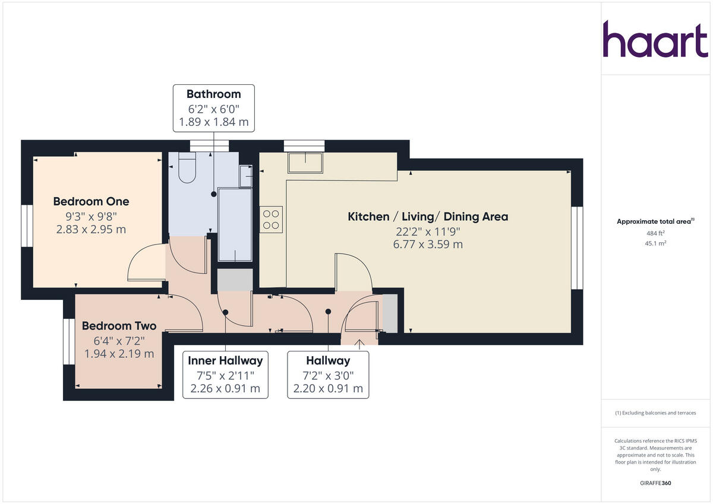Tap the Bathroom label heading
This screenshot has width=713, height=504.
coord(213,94)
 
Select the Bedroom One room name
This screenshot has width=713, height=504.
coord(91,201)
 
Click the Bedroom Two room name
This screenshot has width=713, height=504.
coord(119,326)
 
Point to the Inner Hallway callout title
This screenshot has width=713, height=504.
coord(225,360)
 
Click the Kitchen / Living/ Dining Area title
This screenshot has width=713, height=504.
coord(428,217)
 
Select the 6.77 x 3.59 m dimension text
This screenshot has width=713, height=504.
coord(428,244)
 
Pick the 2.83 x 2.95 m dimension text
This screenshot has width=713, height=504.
coord(91,229)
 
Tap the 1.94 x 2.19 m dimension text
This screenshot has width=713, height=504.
coord(119,353)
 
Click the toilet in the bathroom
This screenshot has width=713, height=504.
coord(187,168)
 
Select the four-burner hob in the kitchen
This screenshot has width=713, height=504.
coord(271,218)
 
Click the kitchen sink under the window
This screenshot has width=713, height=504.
coord(305,163)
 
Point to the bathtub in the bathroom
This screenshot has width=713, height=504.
coord(235,224)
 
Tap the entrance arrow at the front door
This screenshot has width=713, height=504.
coord(359,343)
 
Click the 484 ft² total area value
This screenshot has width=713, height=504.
coord(655,233)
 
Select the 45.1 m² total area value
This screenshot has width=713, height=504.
coord(655,243)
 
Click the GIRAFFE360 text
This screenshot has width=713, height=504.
coord(655,483)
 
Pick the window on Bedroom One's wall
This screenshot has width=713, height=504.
coord(26,226)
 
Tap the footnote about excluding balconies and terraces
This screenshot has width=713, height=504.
coord(655,413)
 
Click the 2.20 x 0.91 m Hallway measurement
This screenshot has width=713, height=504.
coord(328,388)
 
